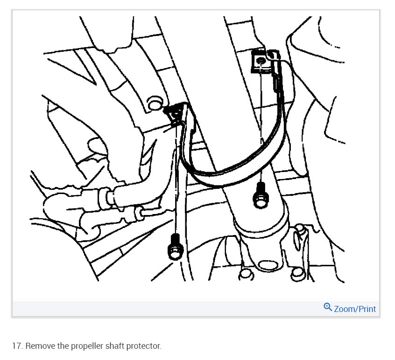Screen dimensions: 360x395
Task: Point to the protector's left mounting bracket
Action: tap(176, 113)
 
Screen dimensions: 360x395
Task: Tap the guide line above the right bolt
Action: tap(260, 126)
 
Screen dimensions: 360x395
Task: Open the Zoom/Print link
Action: tap(355, 309)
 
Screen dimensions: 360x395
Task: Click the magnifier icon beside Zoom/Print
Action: tap(328, 307)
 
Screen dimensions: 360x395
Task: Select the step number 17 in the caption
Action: tap(18, 346)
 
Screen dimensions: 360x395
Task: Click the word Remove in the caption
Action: tap(40, 346)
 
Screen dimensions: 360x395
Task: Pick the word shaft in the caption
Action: tap(115, 346)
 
